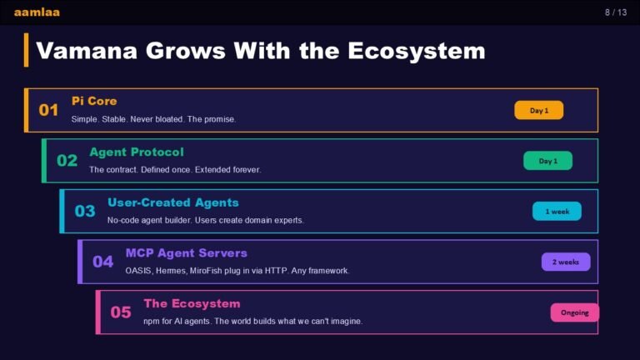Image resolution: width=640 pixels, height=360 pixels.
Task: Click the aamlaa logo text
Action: pos(37,12)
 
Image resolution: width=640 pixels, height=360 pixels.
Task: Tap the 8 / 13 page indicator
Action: pos(616,12)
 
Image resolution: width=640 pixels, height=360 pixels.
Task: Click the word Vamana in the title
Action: pos(87,51)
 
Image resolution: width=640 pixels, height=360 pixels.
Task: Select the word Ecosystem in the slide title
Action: pos(417,52)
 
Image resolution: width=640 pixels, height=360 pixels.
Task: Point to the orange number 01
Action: pos(48,110)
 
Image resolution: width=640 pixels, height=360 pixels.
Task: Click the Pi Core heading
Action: pos(94,101)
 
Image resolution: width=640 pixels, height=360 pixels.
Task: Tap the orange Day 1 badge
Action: pos(539,110)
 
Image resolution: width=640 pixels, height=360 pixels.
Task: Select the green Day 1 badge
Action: pos(547,161)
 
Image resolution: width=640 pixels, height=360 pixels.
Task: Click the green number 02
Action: pos(67,160)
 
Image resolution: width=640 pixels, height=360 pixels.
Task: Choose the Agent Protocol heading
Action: pos(137,152)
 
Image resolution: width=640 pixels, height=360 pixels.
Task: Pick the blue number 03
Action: pos(85,211)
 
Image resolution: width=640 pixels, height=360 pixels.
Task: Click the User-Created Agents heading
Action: pos(173,202)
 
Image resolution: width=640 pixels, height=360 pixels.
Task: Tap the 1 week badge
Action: pos(557,212)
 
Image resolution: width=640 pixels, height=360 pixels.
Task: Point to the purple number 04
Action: pos(102,262)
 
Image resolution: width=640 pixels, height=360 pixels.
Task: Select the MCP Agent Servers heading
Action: pos(186,253)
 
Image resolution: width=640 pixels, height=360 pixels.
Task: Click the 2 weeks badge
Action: pos(566,262)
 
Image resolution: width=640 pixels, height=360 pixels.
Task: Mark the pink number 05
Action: pos(121,312)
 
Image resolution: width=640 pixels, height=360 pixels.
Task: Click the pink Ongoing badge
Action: pos(575,312)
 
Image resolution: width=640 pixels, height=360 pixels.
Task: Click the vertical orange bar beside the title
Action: pos(26,50)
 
